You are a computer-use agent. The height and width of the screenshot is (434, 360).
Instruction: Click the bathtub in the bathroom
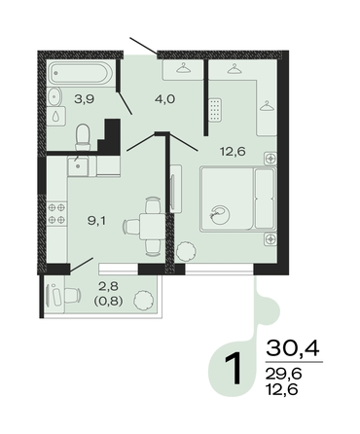click(81, 73)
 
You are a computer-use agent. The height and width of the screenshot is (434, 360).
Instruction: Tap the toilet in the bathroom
click(83, 137)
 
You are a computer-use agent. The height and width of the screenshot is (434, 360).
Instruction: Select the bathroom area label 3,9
click(85, 99)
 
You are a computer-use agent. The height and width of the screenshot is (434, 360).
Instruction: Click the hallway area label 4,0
click(164, 99)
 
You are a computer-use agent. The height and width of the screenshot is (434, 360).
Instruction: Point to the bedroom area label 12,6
click(233, 151)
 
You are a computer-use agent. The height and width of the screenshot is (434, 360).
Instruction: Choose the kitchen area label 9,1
click(97, 221)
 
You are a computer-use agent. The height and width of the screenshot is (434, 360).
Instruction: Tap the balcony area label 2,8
click(109, 286)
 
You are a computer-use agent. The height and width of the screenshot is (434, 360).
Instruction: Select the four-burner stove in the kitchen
click(56, 213)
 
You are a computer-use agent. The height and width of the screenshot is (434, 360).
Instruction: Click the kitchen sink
click(78, 167)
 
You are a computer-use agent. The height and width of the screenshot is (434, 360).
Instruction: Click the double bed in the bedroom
click(238, 199)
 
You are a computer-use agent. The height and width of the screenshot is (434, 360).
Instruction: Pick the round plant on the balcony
click(144, 300)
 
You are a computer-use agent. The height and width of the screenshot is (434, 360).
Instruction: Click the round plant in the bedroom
click(186, 251)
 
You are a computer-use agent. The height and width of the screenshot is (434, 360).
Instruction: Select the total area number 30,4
click(293, 348)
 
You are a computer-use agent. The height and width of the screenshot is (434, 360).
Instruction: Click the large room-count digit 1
click(234, 368)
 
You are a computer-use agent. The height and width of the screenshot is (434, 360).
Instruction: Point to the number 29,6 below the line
click(283, 375)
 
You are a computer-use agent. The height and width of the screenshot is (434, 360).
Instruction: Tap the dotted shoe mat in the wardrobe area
click(215, 110)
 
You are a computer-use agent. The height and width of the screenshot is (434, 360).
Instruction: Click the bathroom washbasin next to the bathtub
click(55, 96)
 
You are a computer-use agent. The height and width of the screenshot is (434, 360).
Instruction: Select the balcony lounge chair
click(63, 295)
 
